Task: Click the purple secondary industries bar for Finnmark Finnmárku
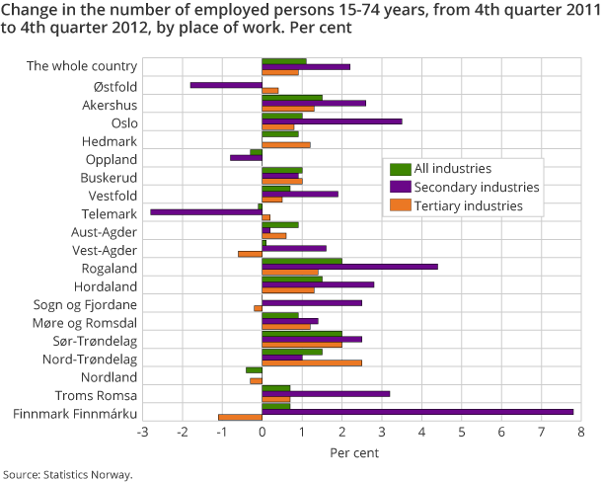(x=417, y=411)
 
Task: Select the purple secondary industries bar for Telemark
(x=206, y=211)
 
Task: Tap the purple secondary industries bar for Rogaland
(x=349, y=266)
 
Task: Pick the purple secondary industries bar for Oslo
(x=332, y=120)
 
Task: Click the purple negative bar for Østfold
(x=226, y=85)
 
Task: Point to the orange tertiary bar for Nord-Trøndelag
(x=312, y=362)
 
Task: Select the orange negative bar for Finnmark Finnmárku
(x=240, y=417)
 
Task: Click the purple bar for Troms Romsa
(x=326, y=393)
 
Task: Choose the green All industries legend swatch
(x=399, y=169)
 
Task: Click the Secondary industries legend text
(x=477, y=188)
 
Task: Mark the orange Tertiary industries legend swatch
(x=399, y=206)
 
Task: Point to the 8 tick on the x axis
(x=581, y=432)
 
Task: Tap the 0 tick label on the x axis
(x=262, y=432)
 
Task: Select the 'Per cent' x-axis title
(x=361, y=452)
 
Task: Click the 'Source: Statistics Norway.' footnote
(x=67, y=474)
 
